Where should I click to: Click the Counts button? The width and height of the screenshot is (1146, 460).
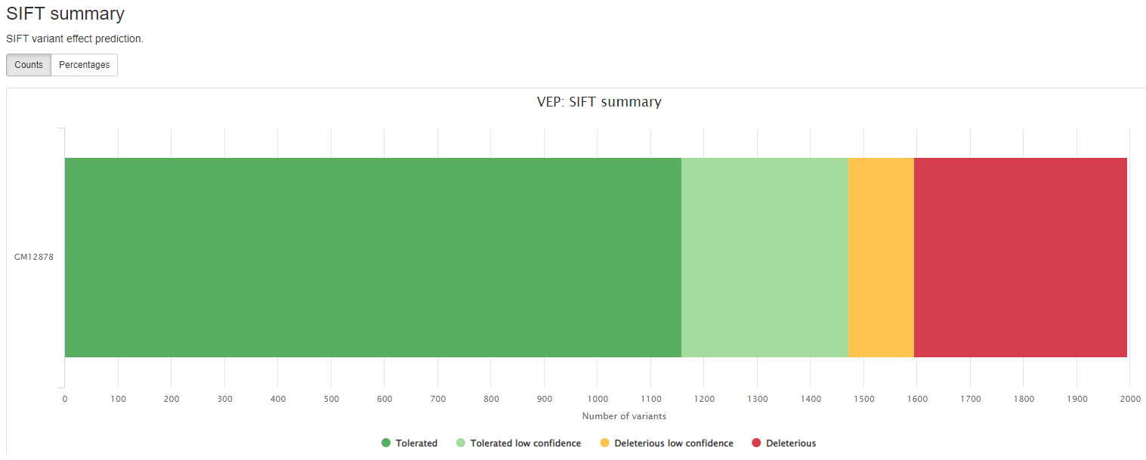click(29, 65)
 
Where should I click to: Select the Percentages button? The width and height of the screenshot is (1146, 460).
click(84, 65)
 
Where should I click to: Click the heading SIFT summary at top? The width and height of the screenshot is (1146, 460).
click(66, 14)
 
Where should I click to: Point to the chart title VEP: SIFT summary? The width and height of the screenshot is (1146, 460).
click(598, 102)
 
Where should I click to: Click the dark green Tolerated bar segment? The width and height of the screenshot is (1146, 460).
click(372, 258)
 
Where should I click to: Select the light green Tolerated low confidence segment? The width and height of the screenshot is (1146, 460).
click(765, 258)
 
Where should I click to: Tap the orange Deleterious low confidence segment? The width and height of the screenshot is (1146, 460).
click(881, 258)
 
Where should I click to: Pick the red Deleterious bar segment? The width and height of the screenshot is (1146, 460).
click(1020, 258)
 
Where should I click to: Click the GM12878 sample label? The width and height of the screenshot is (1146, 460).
click(34, 257)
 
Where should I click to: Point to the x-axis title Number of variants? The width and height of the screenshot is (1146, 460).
click(624, 416)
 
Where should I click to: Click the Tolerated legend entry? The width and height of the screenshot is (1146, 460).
click(409, 443)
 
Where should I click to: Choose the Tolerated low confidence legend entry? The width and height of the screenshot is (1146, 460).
click(518, 443)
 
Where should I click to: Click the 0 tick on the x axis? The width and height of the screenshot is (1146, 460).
click(65, 399)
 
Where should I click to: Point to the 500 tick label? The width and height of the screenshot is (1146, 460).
click(331, 399)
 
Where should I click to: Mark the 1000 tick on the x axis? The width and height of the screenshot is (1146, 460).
click(597, 399)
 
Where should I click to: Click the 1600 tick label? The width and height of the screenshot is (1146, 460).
click(916, 399)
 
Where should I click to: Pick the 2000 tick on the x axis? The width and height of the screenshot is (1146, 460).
click(1129, 399)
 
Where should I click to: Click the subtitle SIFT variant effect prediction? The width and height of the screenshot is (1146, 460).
click(75, 39)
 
